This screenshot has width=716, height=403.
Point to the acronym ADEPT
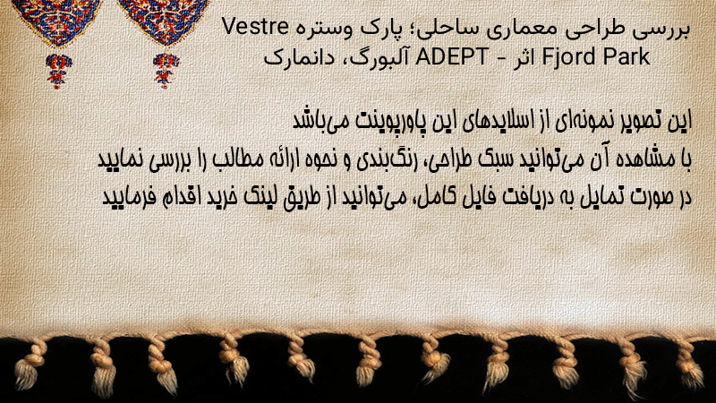[452, 57]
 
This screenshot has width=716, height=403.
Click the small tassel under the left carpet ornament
[58, 71]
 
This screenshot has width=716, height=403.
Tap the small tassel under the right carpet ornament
[166, 71]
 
